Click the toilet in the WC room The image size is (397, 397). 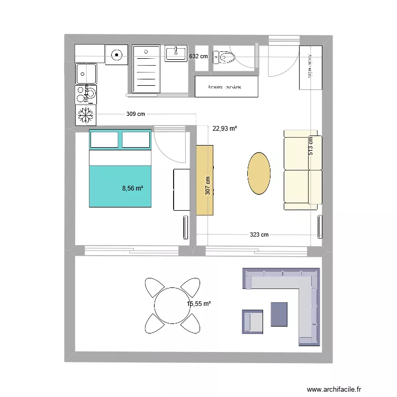(x=224, y=57)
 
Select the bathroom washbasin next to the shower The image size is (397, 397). (x=176, y=53)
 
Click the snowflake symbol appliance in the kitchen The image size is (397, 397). (x=85, y=115)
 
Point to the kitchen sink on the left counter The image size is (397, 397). (x=86, y=74)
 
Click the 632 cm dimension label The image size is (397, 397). (x=198, y=56)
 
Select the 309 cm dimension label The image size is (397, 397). (x=136, y=114)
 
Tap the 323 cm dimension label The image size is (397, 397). (x=259, y=234)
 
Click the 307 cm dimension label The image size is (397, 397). (x=208, y=185)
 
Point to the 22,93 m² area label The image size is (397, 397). (x=224, y=128)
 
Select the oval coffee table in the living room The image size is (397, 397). (x=259, y=173)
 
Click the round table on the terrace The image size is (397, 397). (x=173, y=305)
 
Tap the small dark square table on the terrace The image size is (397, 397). (x=279, y=313)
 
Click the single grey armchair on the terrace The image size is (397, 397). (x=254, y=322)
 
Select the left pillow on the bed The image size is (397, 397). (x=104, y=139)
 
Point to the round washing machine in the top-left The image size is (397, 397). (x=116, y=53)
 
